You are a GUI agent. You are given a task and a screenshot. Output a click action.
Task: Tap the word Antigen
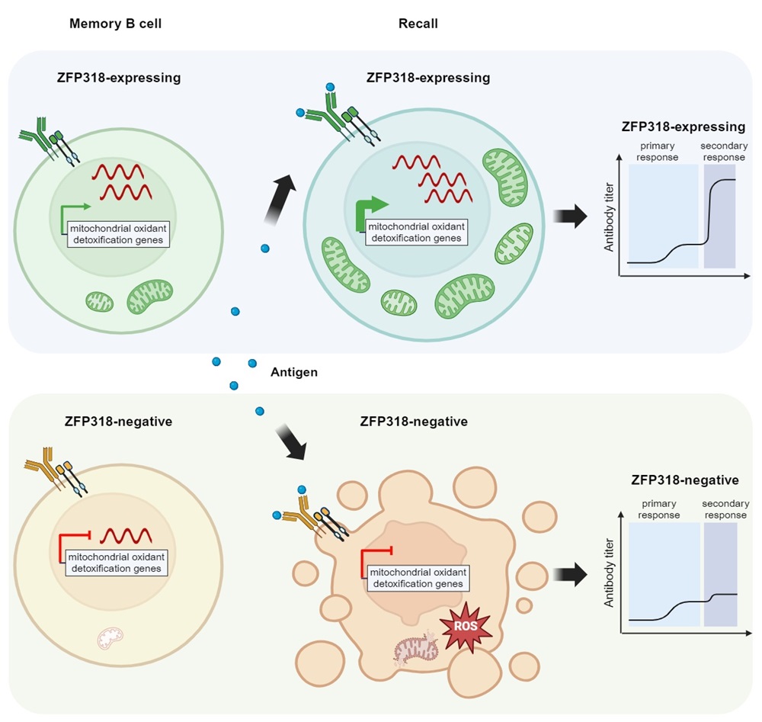(294, 372)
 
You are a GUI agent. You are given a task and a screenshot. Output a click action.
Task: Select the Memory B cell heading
(115, 24)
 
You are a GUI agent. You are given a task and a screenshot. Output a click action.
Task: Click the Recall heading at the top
(418, 24)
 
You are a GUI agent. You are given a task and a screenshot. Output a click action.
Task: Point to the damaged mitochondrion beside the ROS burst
(416, 649)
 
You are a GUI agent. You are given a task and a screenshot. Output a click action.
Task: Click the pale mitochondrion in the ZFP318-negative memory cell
(110, 638)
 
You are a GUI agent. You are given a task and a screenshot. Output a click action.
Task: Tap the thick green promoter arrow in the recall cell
(370, 213)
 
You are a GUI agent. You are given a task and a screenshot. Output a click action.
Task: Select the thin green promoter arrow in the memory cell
(73, 219)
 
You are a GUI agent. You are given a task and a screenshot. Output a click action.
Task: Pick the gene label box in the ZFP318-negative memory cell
(117, 563)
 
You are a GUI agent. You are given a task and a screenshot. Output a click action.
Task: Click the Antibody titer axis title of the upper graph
(609, 217)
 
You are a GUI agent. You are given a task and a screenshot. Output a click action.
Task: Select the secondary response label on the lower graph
(725, 509)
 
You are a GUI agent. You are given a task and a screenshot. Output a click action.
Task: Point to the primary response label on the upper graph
(657, 151)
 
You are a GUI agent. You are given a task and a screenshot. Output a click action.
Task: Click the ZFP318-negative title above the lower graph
(685, 480)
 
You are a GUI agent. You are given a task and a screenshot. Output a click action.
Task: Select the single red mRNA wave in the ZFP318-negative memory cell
(126, 536)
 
